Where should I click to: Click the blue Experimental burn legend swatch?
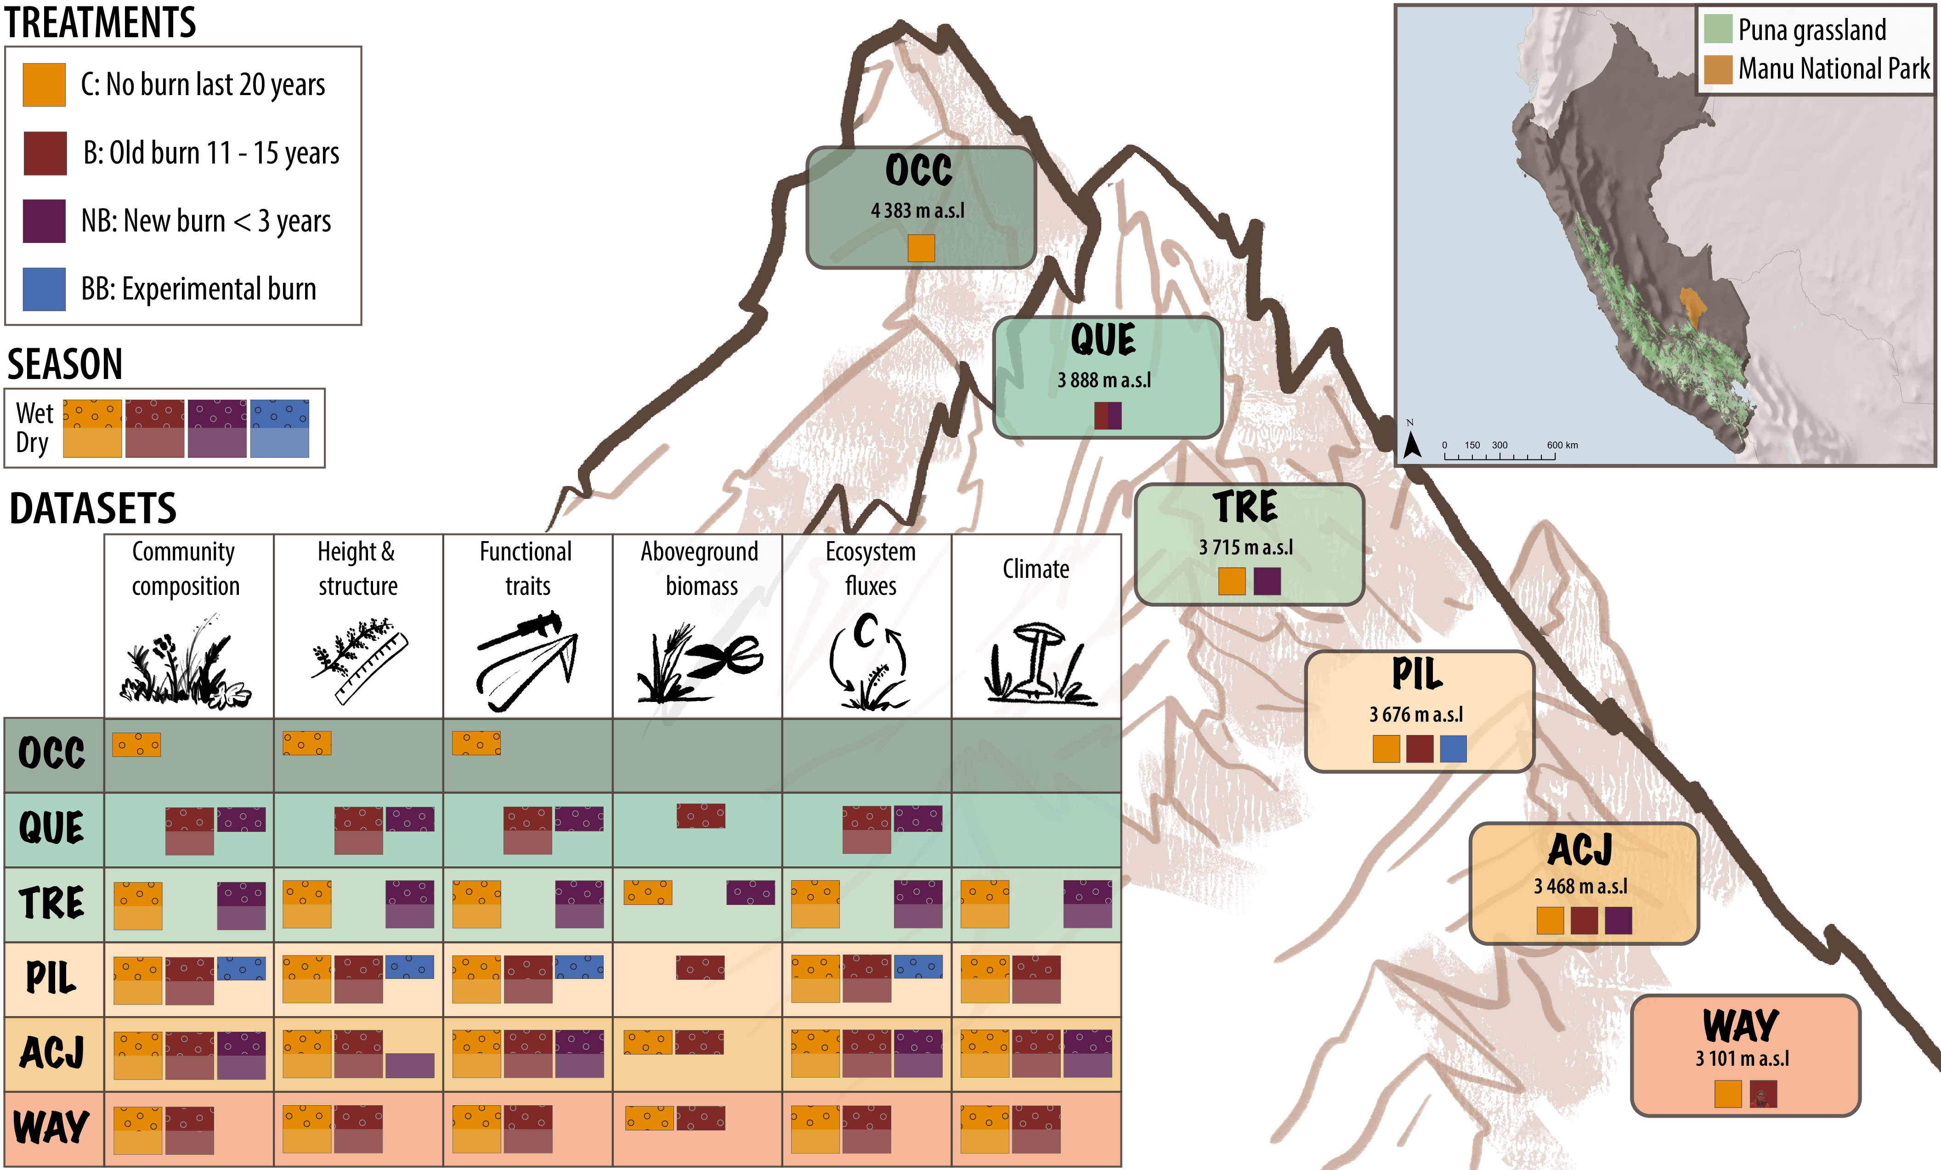pyautogui.click(x=44, y=289)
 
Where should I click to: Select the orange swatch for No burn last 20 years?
pyautogui.click(x=44, y=85)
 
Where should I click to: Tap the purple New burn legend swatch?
pyautogui.click(x=44, y=220)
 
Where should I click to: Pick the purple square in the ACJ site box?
pyautogui.click(x=1618, y=920)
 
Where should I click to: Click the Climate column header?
pyautogui.click(x=1036, y=569)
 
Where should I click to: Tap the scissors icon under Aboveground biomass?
pyautogui.click(x=726, y=656)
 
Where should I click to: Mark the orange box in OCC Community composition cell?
pyautogui.click(x=136, y=745)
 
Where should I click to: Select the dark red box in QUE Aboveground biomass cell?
pyautogui.click(x=700, y=815)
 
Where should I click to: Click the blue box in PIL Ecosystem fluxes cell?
pyautogui.click(x=918, y=967)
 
